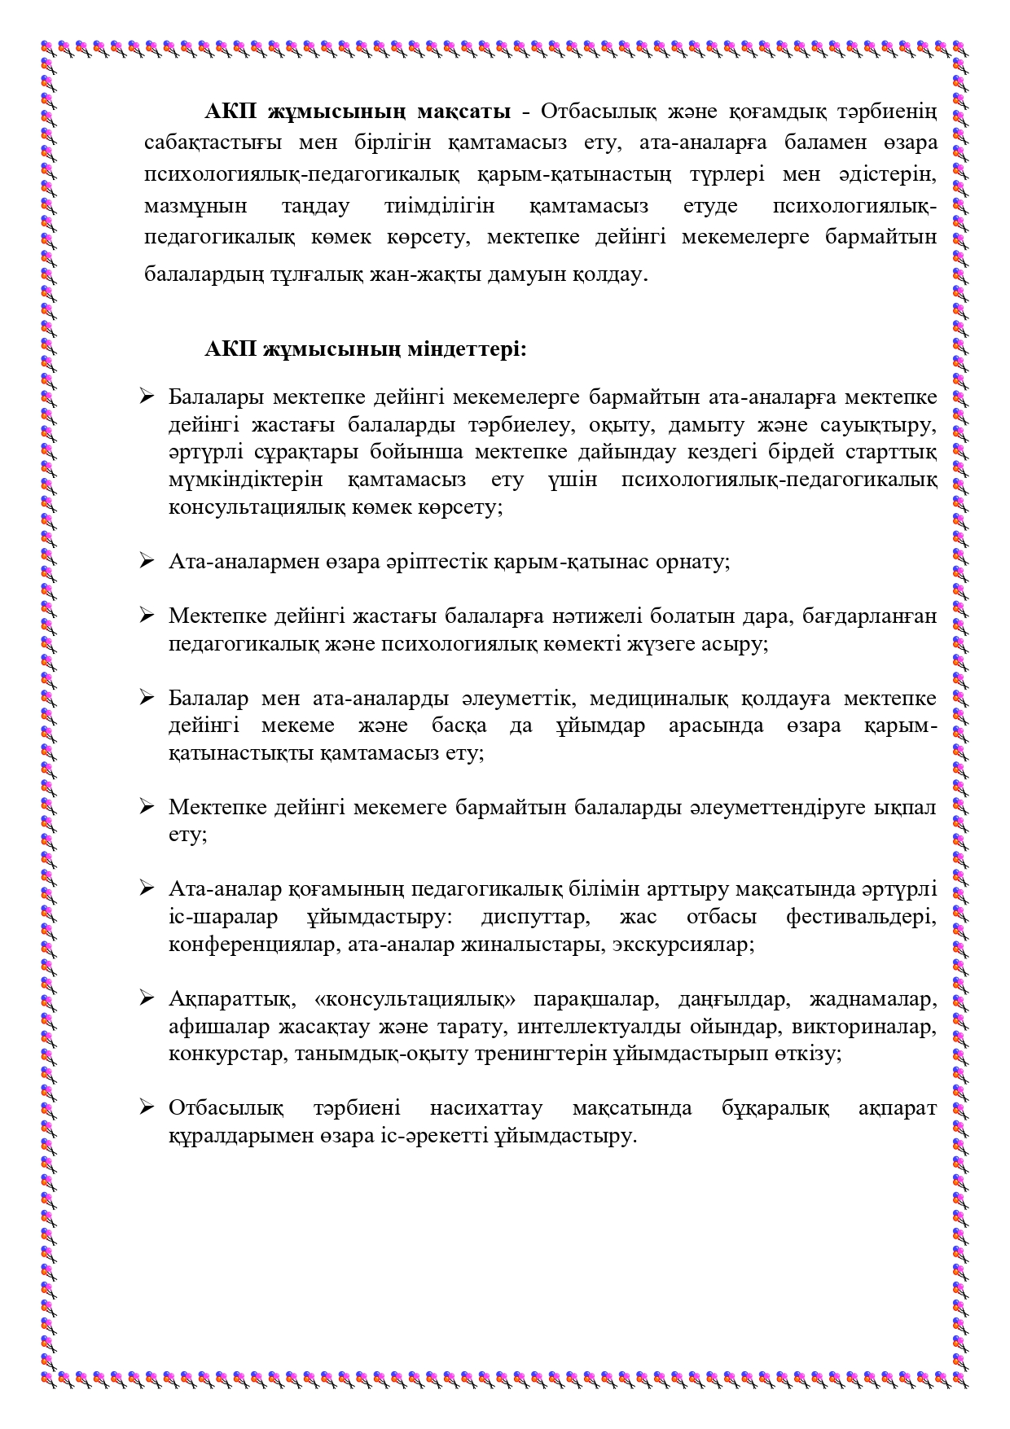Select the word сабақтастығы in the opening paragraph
point(213,142)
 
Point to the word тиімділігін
point(439,206)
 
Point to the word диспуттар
point(534,917)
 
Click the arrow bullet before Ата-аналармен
point(147,561)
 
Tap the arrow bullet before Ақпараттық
point(147,998)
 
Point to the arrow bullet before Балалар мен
point(147,698)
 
